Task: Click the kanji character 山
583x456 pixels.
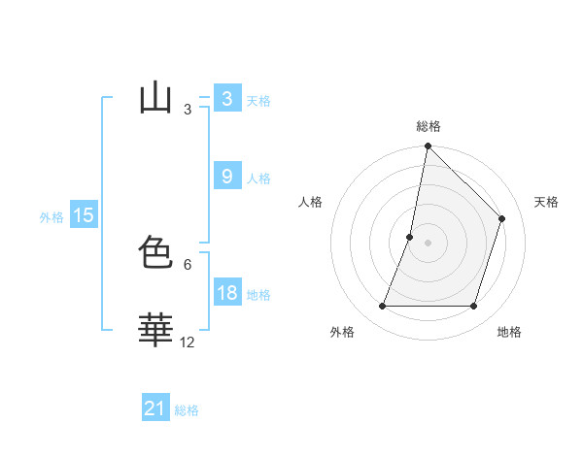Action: [155, 99]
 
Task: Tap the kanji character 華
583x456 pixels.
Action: [155, 331]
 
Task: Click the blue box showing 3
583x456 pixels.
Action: [226, 99]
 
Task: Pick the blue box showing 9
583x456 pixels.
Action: [226, 177]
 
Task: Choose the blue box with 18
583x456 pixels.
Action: [226, 293]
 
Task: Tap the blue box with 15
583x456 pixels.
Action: [84, 215]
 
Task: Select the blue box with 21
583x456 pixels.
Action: [155, 408]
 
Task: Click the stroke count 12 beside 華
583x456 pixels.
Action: [188, 342]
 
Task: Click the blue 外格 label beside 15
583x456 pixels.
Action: [51, 217]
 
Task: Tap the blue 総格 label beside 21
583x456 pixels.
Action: [187, 410]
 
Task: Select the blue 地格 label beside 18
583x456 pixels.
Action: [258, 295]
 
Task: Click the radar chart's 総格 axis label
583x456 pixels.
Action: [428, 127]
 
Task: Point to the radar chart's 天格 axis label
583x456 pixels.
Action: [546, 202]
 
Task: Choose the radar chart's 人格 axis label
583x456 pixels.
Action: [310, 202]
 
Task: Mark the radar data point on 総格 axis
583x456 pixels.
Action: [428, 147]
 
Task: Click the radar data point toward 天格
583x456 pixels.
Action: [502, 218]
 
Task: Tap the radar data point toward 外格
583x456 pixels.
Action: [382, 306]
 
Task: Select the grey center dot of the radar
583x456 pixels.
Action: [428, 243]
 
